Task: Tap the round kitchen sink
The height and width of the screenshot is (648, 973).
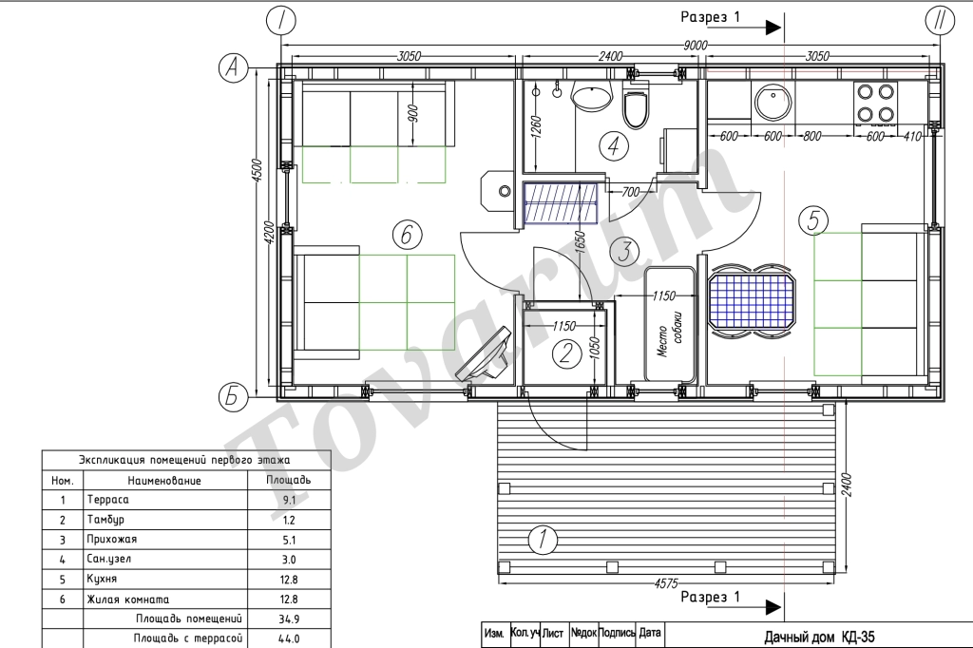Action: coord(773,101)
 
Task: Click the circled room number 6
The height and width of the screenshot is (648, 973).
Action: coord(407,236)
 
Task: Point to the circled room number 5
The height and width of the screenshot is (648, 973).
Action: coord(813,220)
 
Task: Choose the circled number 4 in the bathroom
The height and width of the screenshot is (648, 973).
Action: coord(614,146)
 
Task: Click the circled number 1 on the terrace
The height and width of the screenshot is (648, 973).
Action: coord(543,539)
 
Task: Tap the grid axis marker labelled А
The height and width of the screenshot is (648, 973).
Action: coord(234,67)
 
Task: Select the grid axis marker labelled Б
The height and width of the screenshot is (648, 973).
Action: coord(233,396)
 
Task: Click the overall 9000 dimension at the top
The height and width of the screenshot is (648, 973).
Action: coord(695,45)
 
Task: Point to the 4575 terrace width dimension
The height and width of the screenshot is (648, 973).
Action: coord(666,583)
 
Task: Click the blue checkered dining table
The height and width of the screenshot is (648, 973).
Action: coord(752,301)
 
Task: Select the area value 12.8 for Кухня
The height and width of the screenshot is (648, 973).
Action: coord(289,580)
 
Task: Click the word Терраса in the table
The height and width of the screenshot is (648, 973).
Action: coord(108,500)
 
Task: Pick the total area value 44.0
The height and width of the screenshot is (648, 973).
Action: coord(289,638)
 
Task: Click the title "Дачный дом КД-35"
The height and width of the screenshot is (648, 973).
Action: coord(819,637)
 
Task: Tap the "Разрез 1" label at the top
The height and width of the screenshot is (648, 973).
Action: coord(711,17)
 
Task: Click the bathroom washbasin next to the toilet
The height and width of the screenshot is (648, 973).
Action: coord(591,97)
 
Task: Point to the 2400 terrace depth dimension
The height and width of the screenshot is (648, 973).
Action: coord(847,485)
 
